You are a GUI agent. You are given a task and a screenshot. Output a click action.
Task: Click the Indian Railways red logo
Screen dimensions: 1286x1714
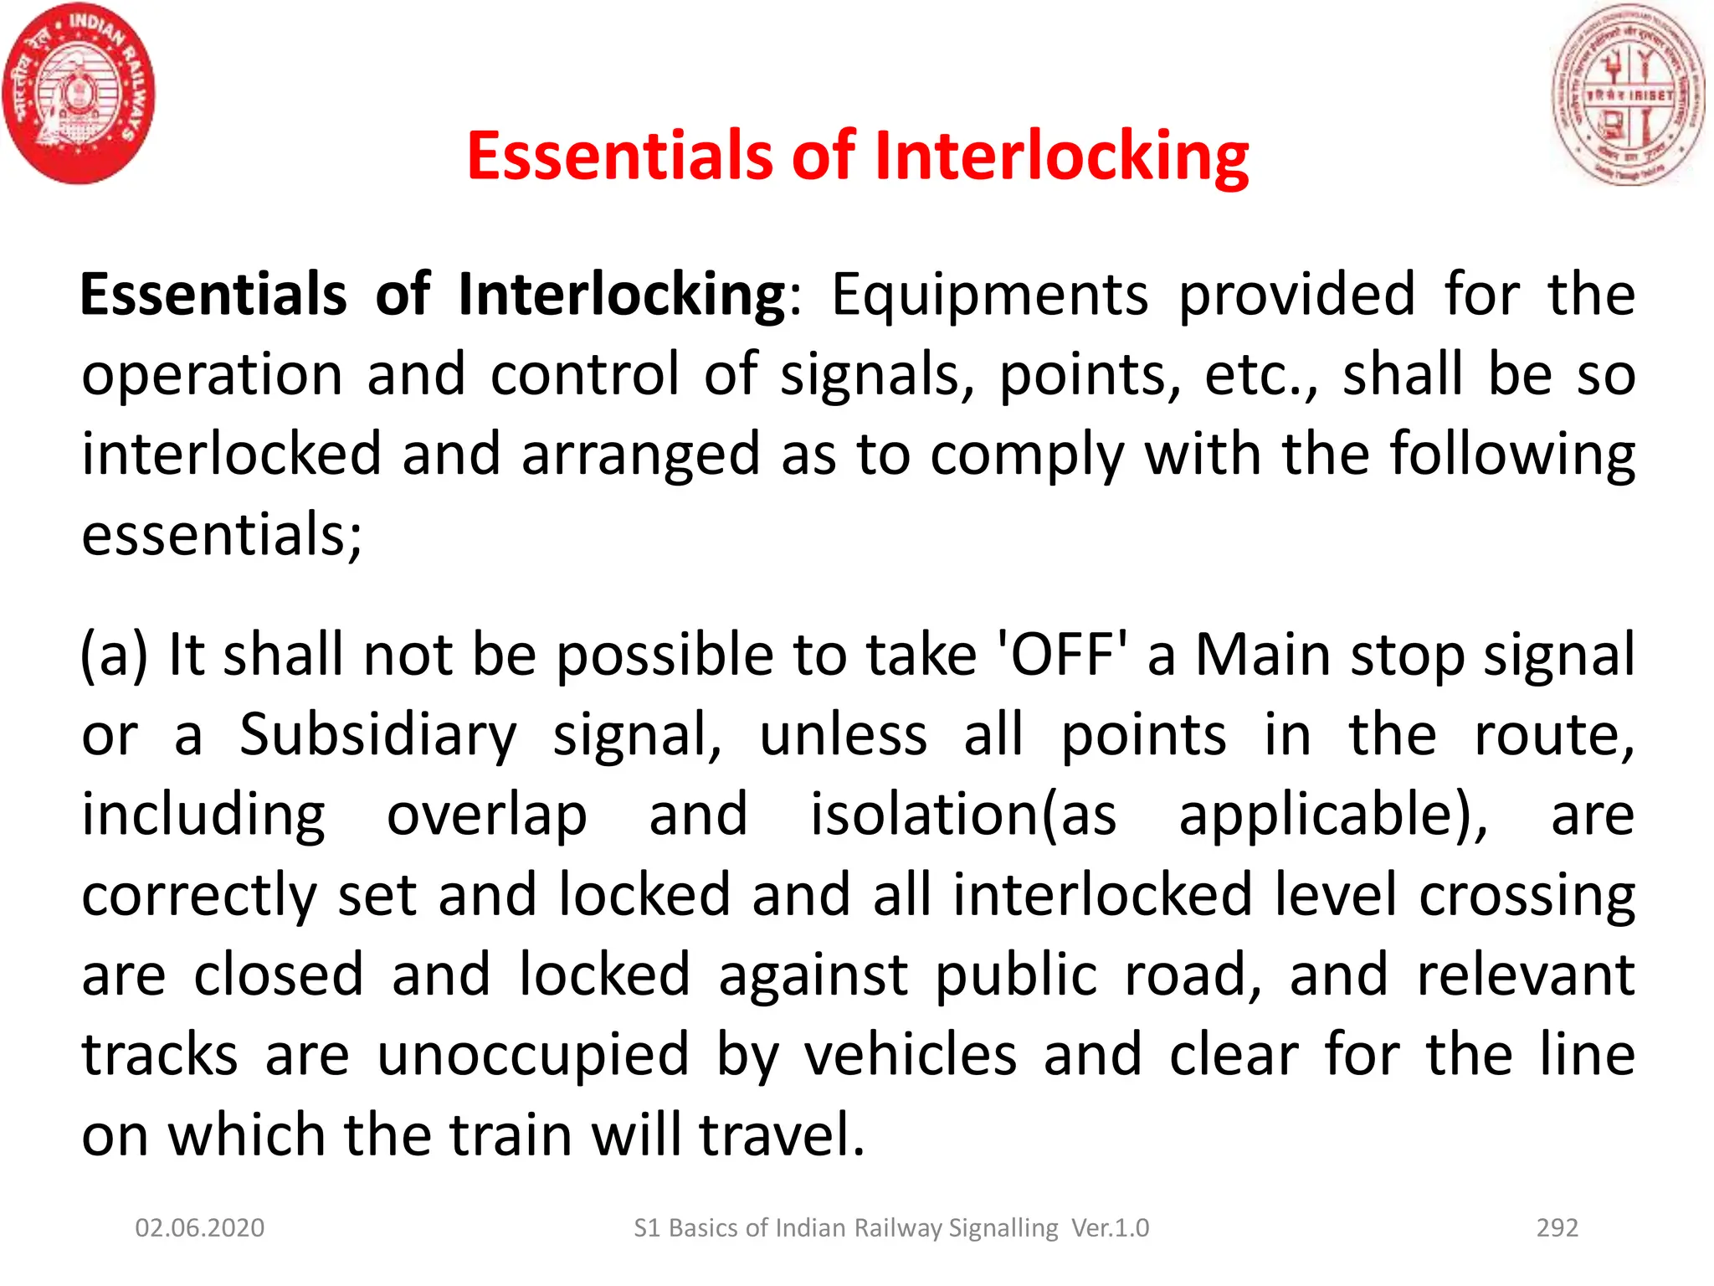pos(79,94)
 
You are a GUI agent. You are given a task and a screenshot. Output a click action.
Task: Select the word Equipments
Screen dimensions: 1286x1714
pos(990,296)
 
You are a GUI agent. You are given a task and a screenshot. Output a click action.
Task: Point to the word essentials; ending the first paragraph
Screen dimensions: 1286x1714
pos(222,534)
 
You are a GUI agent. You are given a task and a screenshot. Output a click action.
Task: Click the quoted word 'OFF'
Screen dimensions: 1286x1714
pos(1062,655)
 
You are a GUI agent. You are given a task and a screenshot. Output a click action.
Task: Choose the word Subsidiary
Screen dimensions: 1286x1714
pos(378,735)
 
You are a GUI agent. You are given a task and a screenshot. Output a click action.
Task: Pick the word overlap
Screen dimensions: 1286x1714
pos(486,815)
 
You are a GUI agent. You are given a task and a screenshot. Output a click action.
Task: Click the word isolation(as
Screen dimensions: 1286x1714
pos(963,815)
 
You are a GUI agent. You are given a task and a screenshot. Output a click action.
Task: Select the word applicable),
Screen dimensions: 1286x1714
pos(1334,815)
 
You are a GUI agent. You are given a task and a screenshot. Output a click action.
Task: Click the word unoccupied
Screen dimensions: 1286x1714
pos(533,1055)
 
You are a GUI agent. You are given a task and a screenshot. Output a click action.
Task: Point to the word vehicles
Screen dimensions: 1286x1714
pos(911,1055)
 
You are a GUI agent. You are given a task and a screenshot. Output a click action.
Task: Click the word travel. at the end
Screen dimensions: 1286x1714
pos(782,1135)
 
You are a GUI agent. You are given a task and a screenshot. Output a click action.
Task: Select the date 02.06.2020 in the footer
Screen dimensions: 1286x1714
pos(200,1228)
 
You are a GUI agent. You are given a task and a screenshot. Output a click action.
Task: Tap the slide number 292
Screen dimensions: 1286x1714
pos(1557,1228)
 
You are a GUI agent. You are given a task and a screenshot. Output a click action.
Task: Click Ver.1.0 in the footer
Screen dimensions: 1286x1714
pos(1111,1228)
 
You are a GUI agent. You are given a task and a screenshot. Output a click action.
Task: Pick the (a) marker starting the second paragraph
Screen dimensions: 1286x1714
pos(114,655)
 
